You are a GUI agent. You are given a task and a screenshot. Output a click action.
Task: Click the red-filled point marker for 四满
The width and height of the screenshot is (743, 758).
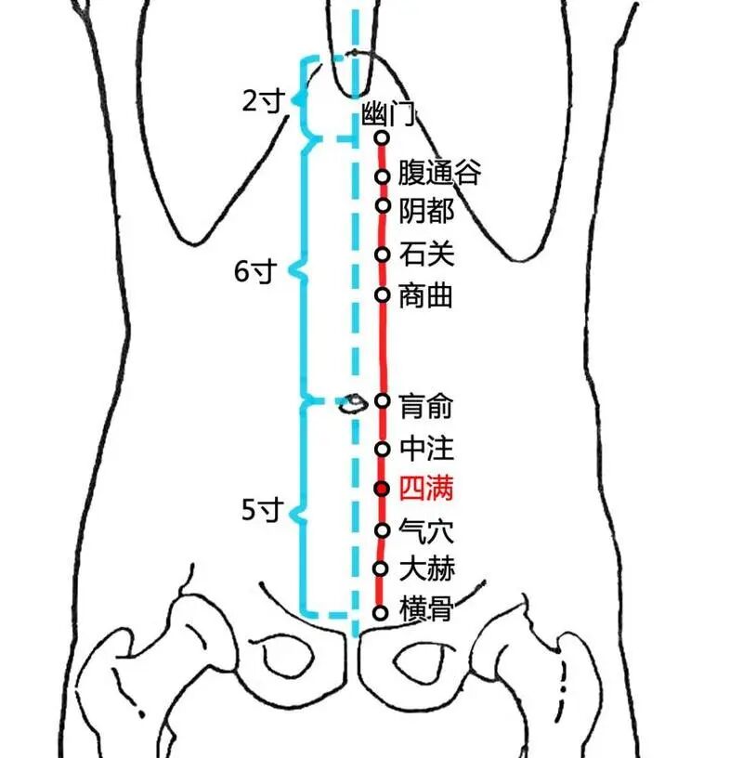(381, 489)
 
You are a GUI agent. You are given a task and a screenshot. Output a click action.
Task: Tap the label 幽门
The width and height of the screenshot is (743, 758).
(387, 116)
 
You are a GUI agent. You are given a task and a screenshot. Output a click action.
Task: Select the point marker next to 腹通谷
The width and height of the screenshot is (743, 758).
(382, 176)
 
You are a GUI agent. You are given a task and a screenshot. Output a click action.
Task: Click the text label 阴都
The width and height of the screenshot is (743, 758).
(426, 211)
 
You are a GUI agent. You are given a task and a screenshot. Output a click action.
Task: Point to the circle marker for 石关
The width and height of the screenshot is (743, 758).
(382, 254)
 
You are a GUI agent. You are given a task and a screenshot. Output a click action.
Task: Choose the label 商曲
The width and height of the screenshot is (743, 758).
(426, 296)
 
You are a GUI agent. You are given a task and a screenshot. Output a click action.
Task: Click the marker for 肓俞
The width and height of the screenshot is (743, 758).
(382, 400)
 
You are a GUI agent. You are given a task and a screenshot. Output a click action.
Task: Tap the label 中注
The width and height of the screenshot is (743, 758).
(426, 450)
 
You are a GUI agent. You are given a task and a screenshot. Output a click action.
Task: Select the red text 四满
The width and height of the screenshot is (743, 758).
(426, 489)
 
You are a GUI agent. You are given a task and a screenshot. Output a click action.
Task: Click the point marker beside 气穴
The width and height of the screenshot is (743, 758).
(381, 530)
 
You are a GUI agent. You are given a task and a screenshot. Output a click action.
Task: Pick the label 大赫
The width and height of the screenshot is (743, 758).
(426, 568)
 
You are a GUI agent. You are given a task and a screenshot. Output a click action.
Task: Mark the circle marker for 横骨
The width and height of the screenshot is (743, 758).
(379, 612)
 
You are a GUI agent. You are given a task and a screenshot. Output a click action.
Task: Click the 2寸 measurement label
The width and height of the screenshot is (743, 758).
(261, 100)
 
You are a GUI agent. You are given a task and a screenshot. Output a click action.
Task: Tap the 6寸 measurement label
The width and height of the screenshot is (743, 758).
(254, 272)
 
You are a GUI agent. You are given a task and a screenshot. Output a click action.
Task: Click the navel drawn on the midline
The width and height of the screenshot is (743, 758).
(352, 403)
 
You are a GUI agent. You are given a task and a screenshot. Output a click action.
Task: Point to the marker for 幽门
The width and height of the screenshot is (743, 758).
(381, 137)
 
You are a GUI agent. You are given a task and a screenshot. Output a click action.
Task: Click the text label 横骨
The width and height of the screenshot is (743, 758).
(426, 610)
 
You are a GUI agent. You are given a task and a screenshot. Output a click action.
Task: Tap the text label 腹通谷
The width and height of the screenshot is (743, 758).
(439, 173)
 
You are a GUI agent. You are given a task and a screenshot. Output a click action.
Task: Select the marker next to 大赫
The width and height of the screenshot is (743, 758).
(380, 568)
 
